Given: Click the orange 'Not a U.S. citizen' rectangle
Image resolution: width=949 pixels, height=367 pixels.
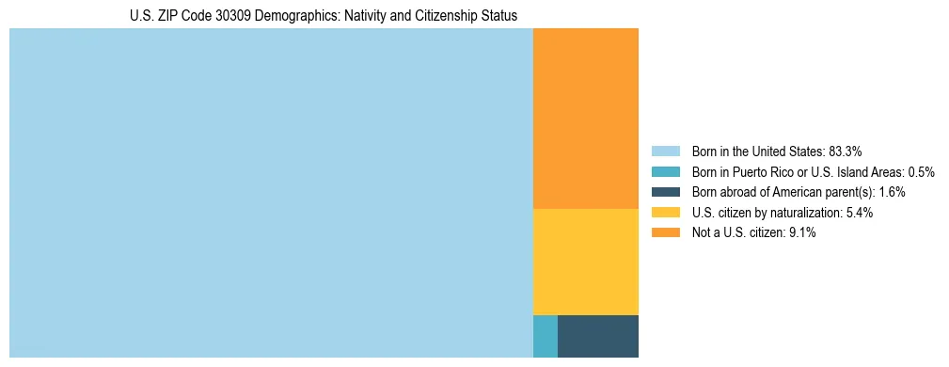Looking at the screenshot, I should click(x=585, y=118).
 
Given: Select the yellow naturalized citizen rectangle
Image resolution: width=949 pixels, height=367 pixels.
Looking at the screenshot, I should click(x=585, y=262).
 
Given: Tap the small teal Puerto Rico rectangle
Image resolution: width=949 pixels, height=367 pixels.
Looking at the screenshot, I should click(x=545, y=336).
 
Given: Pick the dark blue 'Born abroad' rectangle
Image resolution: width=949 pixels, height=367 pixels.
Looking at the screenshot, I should click(x=597, y=336).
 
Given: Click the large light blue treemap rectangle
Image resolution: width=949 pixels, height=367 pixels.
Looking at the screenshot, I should click(x=271, y=193).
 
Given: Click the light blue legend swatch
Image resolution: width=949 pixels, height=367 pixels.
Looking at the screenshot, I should click(x=665, y=151).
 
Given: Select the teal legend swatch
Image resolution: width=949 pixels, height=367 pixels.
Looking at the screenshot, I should click(x=665, y=171).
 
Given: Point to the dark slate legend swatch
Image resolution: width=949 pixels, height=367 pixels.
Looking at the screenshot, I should click(x=665, y=192).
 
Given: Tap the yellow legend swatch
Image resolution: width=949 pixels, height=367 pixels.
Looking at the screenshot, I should click(x=665, y=213).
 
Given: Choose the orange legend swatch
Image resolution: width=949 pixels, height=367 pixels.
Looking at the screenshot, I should click(x=665, y=233).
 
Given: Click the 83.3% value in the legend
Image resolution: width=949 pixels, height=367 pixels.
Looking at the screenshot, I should click(x=846, y=151).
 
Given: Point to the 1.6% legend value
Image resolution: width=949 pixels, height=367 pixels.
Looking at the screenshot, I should click(x=892, y=192).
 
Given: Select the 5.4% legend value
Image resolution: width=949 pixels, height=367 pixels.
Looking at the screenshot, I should click(x=859, y=213).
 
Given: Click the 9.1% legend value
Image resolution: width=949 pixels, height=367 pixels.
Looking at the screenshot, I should click(x=801, y=233).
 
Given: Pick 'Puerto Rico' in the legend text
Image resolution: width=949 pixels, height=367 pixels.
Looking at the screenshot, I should click(x=761, y=171).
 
